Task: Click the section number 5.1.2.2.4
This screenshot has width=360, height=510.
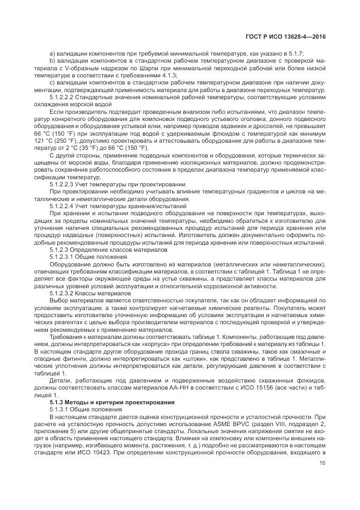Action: coord(62,206)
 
